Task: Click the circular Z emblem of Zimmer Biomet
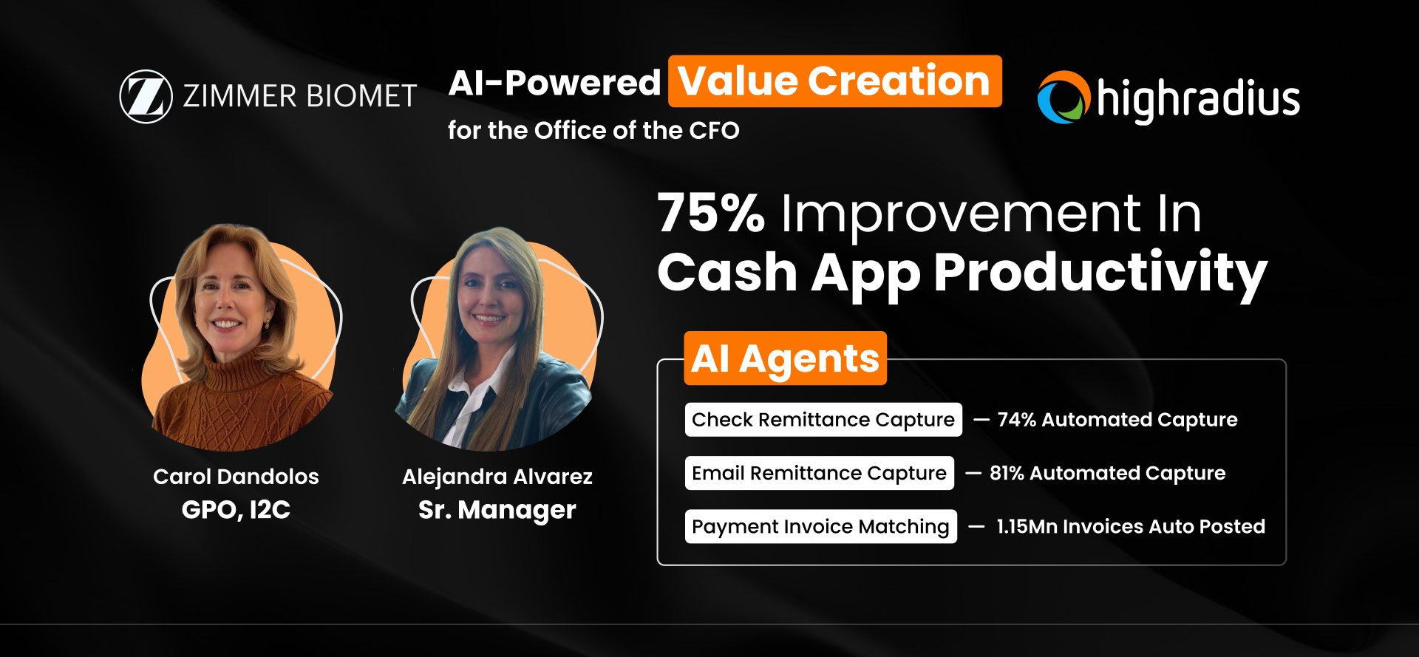pyautogui.click(x=146, y=96)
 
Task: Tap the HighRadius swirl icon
pyautogui.click(x=1064, y=98)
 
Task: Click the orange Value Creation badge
pyautogui.click(x=834, y=81)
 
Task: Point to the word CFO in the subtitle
pyautogui.click(x=714, y=130)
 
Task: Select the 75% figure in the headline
pyautogui.click(x=710, y=214)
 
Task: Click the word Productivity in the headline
pyautogui.click(x=1100, y=273)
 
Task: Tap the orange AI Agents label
pyautogui.click(x=785, y=359)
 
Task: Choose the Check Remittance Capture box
pyautogui.click(x=823, y=420)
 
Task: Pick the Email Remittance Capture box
pyautogui.click(x=819, y=473)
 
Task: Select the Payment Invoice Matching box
pyautogui.click(x=820, y=526)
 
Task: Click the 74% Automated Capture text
pyautogui.click(x=1117, y=420)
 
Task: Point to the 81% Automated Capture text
pyautogui.click(x=1107, y=473)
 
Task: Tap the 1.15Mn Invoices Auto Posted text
pyautogui.click(x=1131, y=526)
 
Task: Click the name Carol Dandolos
pyautogui.click(x=236, y=477)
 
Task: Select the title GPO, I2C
pyautogui.click(x=236, y=509)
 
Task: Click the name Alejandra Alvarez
pyautogui.click(x=497, y=477)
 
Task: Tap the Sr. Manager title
pyautogui.click(x=497, y=509)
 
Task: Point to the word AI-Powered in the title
pyautogui.click(x=554, y=83)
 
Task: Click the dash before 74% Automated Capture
pyautogui.click(x=981, y=420)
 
